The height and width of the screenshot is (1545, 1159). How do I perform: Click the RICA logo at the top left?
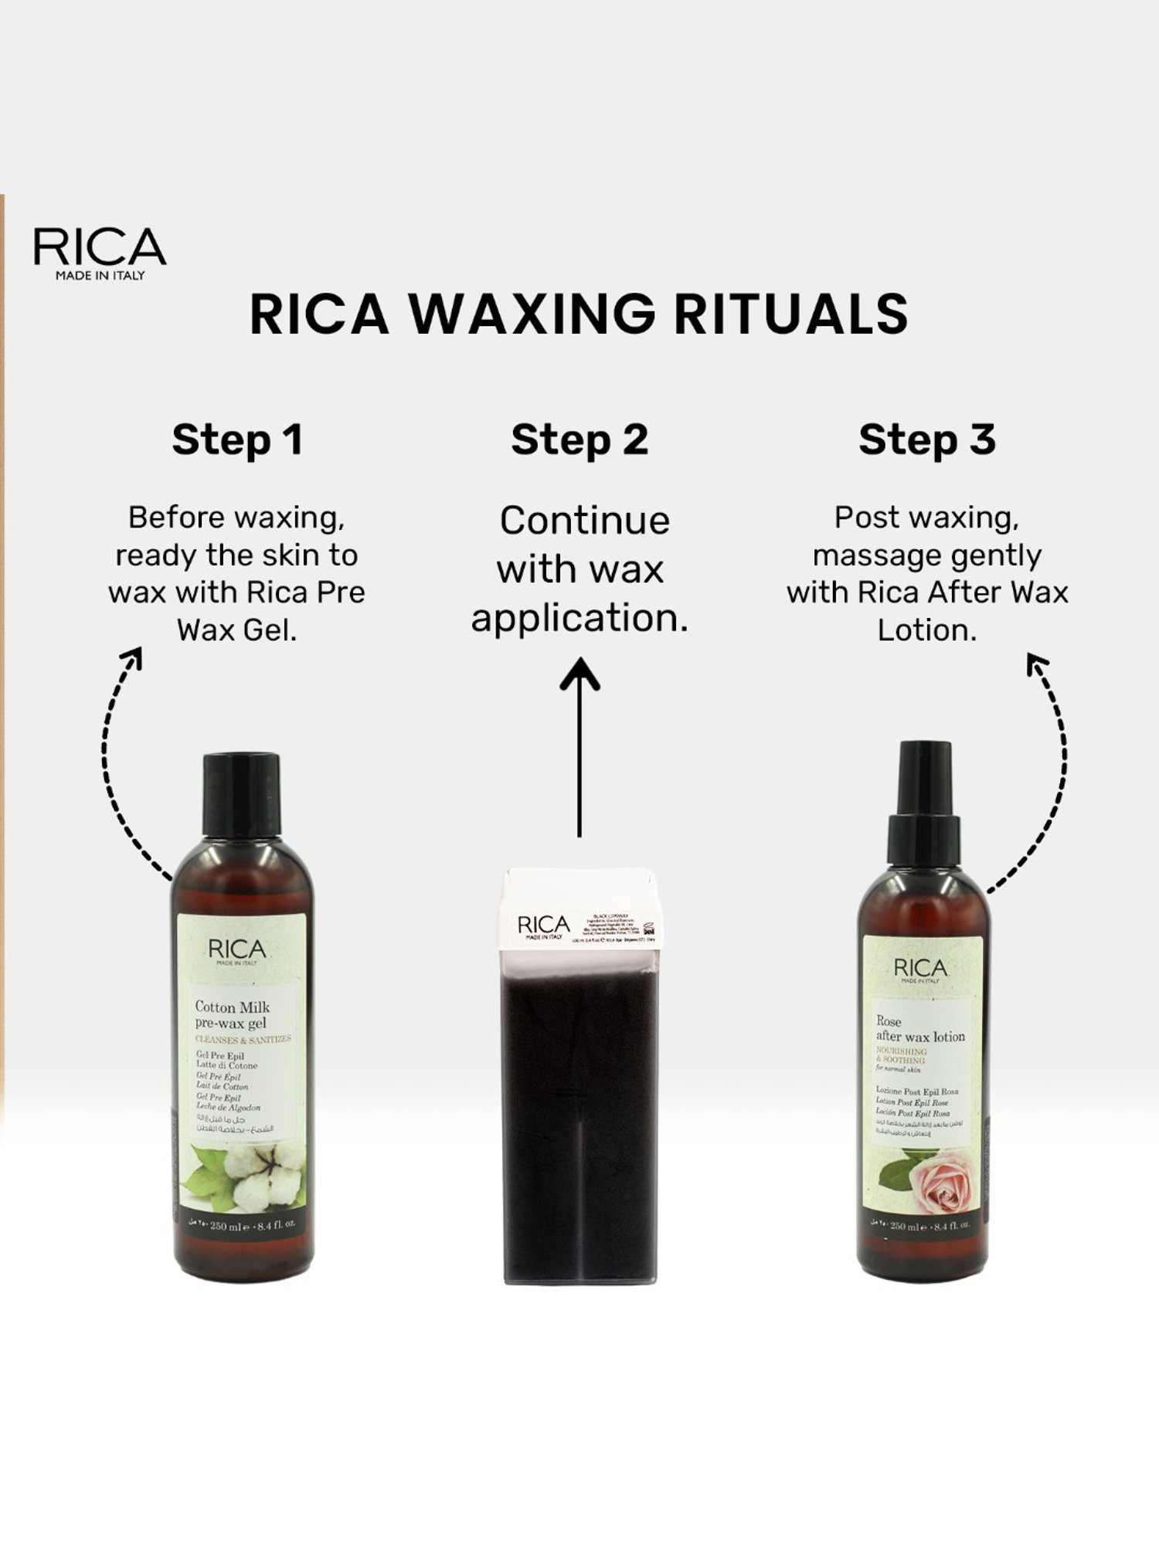click(x=100, y=248)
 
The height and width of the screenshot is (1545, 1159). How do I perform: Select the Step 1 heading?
click(x=237, y=440)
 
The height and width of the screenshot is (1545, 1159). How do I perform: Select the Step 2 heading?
click(x=579, y=440)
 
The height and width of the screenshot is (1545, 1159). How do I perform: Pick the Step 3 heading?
click(x=926, y=440)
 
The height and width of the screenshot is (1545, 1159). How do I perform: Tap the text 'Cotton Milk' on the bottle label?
click(x=232, y=1007)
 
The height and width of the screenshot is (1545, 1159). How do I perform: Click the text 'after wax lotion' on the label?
click(x=920, y=1037)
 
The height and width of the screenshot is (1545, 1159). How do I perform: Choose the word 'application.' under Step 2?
click(x=579, y=619)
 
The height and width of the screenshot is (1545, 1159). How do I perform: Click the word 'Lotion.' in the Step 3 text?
click(x=926, y=630)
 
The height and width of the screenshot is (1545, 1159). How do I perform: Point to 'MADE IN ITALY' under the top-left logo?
click(x=100, y=276)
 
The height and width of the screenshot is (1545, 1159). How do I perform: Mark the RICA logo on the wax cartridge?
click(x=543, y=925)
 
